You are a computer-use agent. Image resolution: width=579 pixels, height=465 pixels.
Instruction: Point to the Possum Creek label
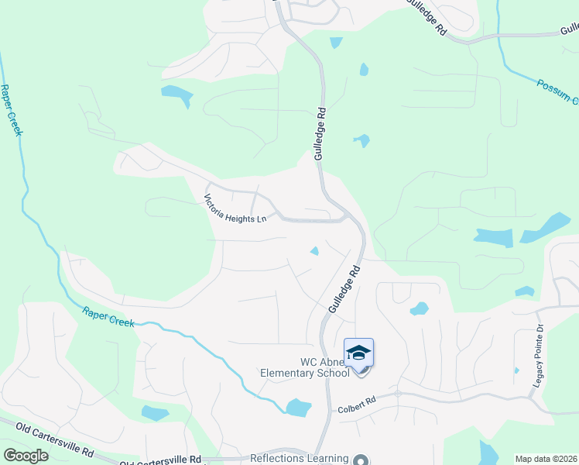click(557, 92)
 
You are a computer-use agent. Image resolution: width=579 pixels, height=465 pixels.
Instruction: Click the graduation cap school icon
click(358, 353)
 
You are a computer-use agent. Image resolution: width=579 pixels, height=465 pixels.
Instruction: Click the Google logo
click(26, 455)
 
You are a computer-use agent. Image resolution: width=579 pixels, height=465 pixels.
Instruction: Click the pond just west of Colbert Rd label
click(298, 408)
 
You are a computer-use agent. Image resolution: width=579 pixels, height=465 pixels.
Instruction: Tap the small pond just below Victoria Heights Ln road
click(315, 250)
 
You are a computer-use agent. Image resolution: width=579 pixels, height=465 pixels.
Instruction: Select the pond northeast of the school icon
click(419, 308)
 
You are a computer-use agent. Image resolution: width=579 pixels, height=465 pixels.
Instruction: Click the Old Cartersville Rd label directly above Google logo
click(46, 436)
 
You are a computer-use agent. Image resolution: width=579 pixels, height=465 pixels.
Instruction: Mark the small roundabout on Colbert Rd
click(398, 393)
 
